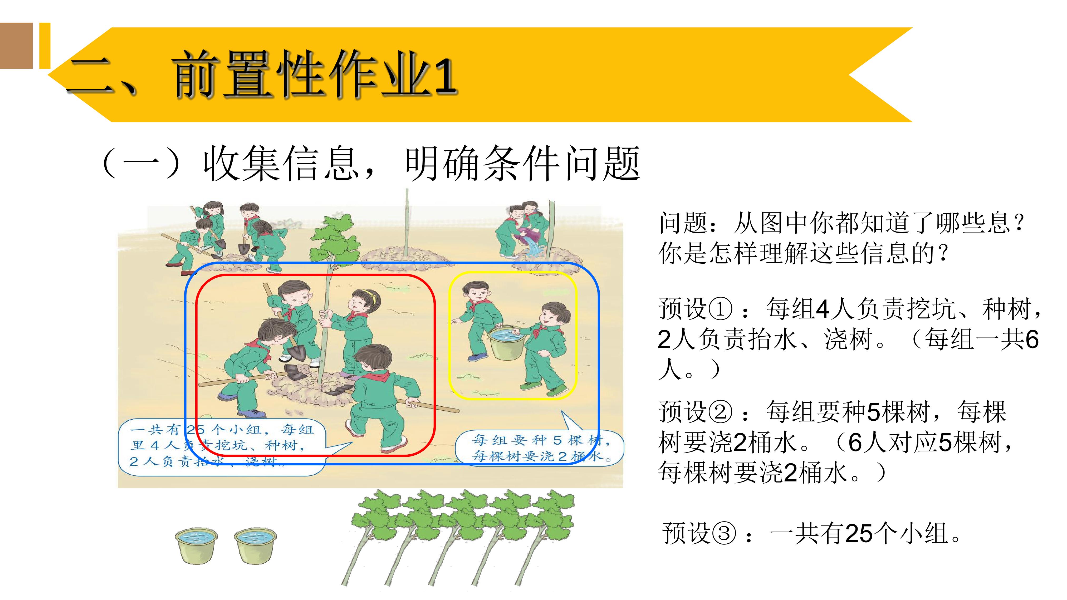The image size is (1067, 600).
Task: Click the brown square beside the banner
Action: point(16,46)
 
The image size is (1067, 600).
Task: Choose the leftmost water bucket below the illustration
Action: point(196,546)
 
